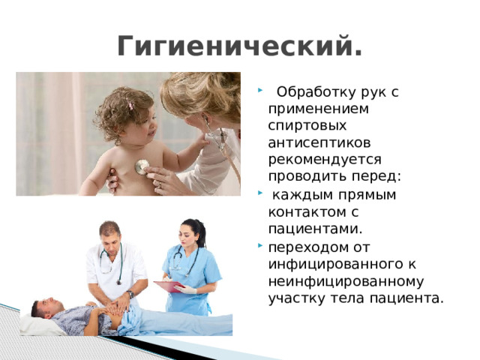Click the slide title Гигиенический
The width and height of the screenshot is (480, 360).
point(239,46)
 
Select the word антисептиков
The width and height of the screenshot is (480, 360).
point(313,142)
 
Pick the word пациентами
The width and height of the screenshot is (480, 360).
point(304,227)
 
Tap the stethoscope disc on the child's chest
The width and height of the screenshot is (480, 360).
point(141,166)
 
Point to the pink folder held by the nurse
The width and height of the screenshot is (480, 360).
point(169,286)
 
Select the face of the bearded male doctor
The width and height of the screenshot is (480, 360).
point(111,241)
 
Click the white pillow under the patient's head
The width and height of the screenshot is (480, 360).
point(37,325)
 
